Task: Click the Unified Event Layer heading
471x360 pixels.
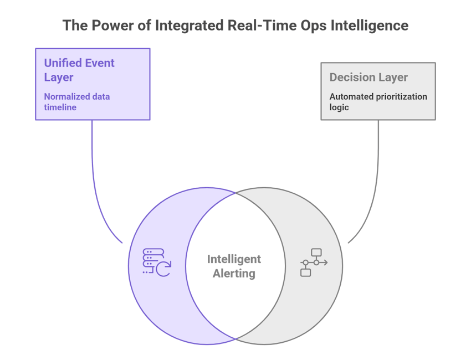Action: pos(79,70)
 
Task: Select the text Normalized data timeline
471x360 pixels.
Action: pos(76,101)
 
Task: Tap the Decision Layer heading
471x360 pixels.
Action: pos(368,78)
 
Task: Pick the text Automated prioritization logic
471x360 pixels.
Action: pos(378,101)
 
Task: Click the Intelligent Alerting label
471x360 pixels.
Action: pos(234,266)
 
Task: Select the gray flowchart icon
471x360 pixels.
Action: pos(314,262)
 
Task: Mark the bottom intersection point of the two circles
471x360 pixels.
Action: pos(237,338)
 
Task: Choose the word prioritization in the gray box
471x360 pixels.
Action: pos(400,96)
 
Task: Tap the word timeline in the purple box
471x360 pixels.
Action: pos(60,107)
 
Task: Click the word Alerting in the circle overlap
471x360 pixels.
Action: pos(234,273)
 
